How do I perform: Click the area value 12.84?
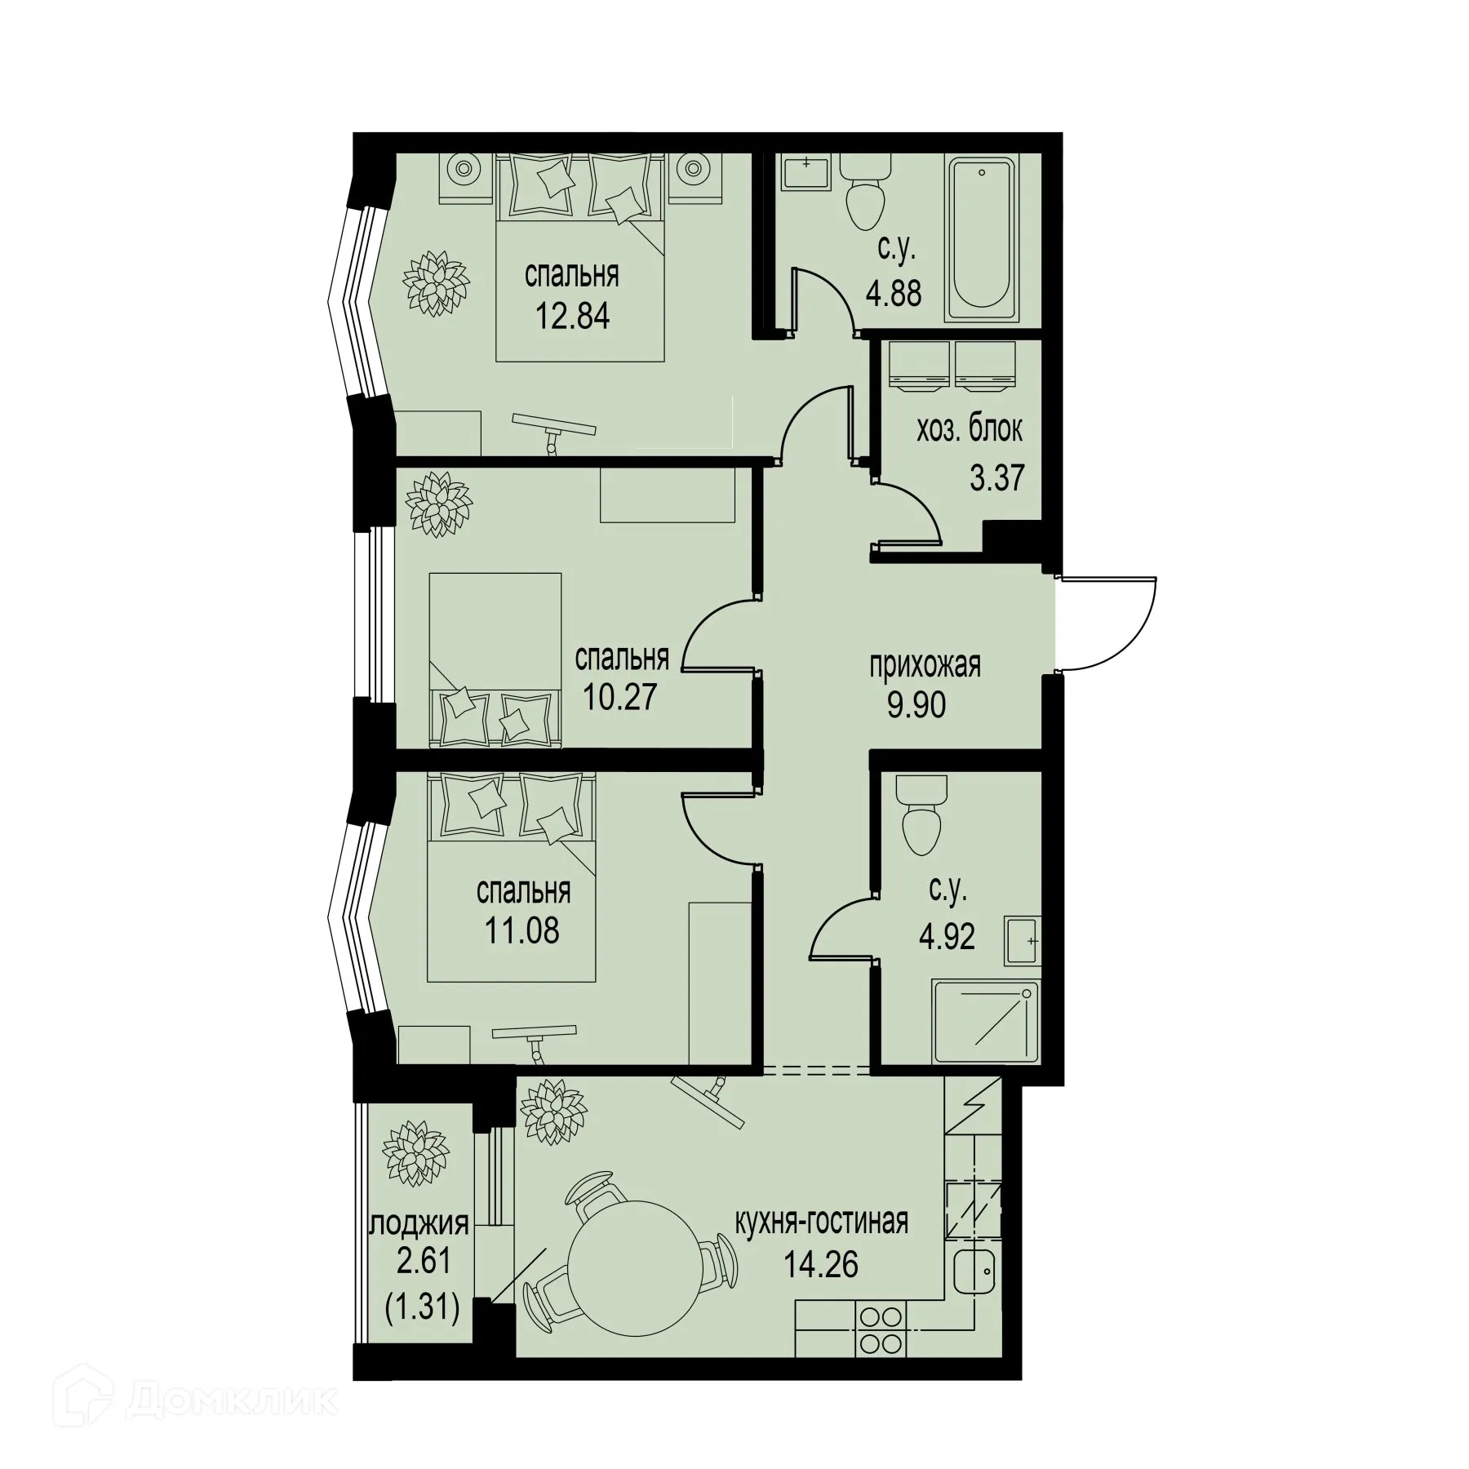tap(572, 316)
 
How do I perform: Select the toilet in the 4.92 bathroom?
tap(921, 816)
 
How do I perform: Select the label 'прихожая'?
tap(924, 666)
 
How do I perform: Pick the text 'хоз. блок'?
tap(969, 429)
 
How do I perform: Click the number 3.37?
tap(996, 477)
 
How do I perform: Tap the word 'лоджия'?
tap(420, 1224)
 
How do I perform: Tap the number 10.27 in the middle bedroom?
tap(619, 697)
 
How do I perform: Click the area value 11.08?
tap(522, 930)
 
